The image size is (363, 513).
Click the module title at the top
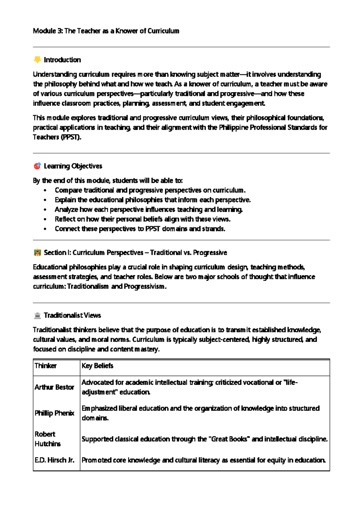tap(106, 31)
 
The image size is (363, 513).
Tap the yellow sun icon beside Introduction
tap(37, 60)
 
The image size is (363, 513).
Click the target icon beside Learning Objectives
tap(37, 166)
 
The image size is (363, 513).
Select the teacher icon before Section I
tap(37, 252)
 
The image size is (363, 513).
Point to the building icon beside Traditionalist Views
tap(37, 315)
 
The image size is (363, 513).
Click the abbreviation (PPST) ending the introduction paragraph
tap(71, 137)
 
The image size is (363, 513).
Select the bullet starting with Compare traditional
tap(150, 190)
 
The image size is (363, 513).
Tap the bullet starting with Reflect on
tap(142, 219)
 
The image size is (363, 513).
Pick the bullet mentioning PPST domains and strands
tap(140, 229)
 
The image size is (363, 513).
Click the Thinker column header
tap(45, 366)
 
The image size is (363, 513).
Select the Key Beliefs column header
tap(97, 366)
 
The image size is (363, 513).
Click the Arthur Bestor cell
tap(54, 387)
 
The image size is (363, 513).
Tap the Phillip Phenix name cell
tap(54, 413)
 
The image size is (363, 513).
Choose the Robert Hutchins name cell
tap(47, 439)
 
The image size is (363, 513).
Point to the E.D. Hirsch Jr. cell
tap(54, 460)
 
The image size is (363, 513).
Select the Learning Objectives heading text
tap(73, 166)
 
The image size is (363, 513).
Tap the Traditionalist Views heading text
tap(72, 315)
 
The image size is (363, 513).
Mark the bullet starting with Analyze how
tap(149, 209)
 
